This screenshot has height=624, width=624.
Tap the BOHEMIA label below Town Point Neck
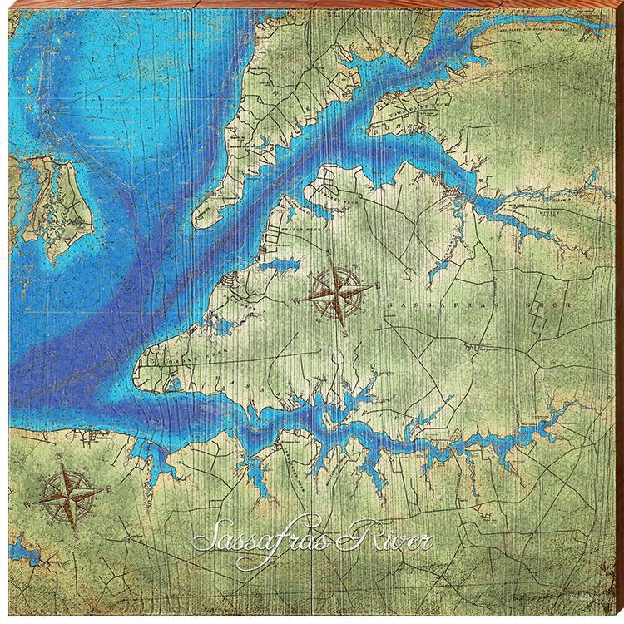pyautogui.click(x=416, y=129)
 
